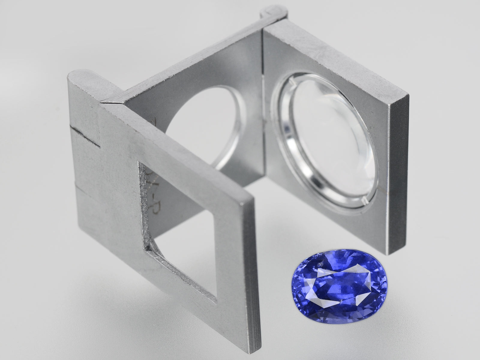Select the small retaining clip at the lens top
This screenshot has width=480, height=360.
pos(292,88)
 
